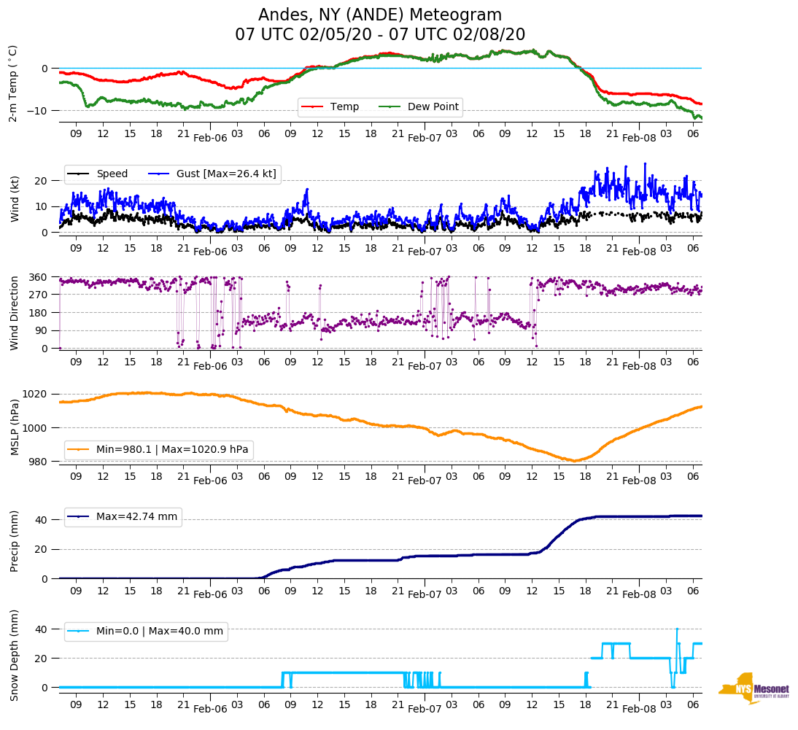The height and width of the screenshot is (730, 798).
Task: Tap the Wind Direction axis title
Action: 14,313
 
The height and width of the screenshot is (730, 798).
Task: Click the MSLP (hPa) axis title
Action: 14,427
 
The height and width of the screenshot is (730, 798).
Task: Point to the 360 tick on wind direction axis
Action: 39,277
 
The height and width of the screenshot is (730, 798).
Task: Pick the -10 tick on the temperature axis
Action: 39,110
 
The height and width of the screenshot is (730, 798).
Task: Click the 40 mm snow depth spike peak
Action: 677,629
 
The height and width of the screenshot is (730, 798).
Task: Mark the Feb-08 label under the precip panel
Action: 639,594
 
